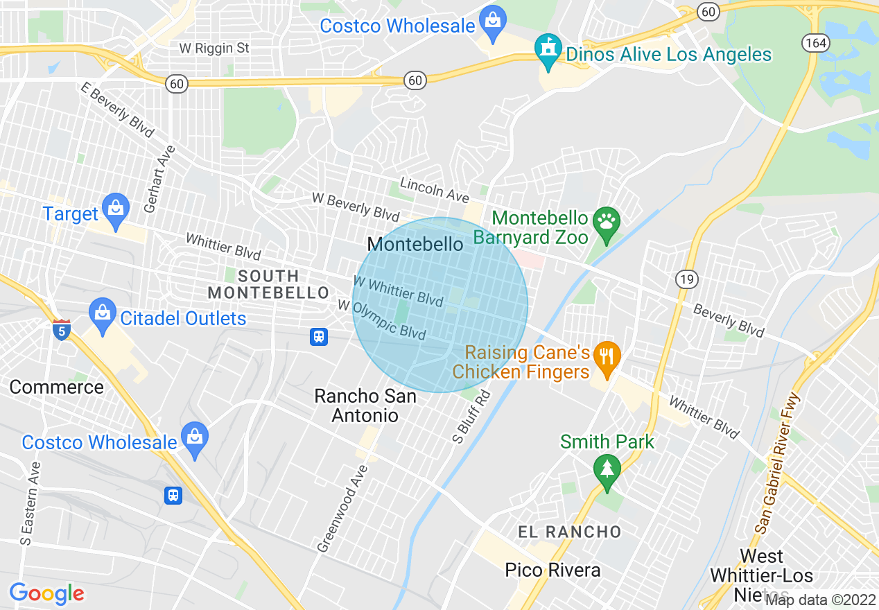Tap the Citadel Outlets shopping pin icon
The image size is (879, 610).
coord(103,315)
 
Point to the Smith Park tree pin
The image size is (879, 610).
coord(607,471)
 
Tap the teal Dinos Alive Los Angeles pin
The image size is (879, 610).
coord(548,51)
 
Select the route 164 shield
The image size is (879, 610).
coord(815,43)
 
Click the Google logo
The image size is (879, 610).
coord(47,593)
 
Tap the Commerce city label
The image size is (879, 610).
coord(56,387)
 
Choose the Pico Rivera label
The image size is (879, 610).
coord(552,570)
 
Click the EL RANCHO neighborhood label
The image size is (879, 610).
coord(570,532)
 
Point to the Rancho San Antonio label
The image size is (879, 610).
coord(365,406)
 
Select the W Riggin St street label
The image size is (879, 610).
coord(214,49)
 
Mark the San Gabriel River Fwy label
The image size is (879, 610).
coord(777,464)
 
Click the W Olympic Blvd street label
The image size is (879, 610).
coord(381,320)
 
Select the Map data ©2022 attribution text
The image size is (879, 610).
coord(821,600)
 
